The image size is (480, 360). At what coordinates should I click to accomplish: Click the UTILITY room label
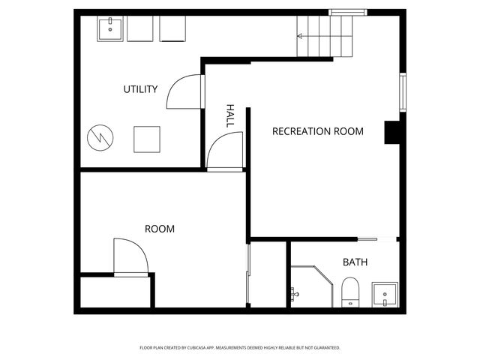[x=140, y=90]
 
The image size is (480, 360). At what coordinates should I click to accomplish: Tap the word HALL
[x=230, y=115]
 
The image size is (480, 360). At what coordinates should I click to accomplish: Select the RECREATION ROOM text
[x=317, y=131]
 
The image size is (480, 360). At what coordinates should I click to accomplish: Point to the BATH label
[x=355, y=262]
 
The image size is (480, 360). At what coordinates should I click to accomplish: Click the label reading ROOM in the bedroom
[x=159, y=229]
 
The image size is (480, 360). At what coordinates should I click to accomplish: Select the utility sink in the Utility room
[x=110, y=29]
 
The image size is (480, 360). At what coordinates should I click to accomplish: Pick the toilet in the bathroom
[x=350, y=291]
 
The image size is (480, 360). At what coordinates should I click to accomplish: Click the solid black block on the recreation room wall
[x=393, y=133]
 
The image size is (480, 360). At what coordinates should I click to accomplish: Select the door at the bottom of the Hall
[x=225, y=152]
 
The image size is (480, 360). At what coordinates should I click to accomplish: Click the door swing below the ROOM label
[x=130, y=257]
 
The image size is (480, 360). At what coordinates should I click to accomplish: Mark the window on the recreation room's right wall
[x=403, y=91]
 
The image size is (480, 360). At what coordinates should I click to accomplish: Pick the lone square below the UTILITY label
[x=147, y=139]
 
